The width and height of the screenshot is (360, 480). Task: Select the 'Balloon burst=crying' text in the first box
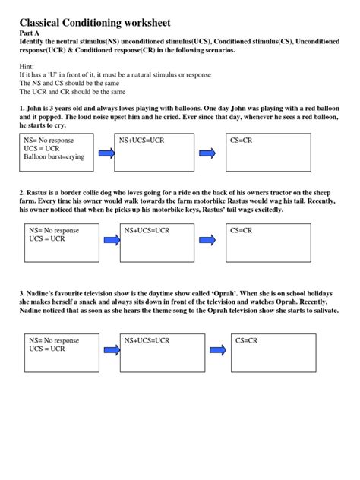point(54,157)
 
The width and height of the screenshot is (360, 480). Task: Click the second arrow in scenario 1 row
point(207,153)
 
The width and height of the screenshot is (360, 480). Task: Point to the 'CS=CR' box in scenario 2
point(268,242)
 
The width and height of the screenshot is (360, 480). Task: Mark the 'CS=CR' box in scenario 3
point(274,352)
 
